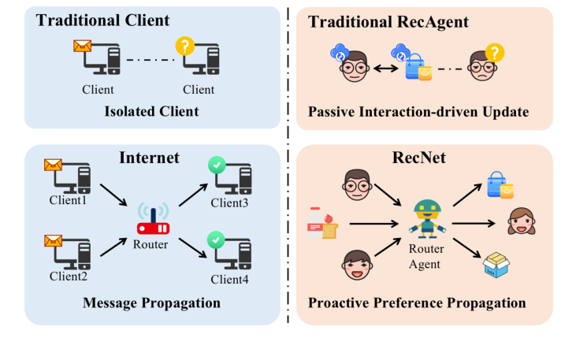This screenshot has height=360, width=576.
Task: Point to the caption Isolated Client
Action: tap(151, 111)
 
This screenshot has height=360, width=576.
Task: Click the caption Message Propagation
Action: tap(152, 302)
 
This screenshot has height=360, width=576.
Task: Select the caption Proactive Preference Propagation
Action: tap(417, 302)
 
